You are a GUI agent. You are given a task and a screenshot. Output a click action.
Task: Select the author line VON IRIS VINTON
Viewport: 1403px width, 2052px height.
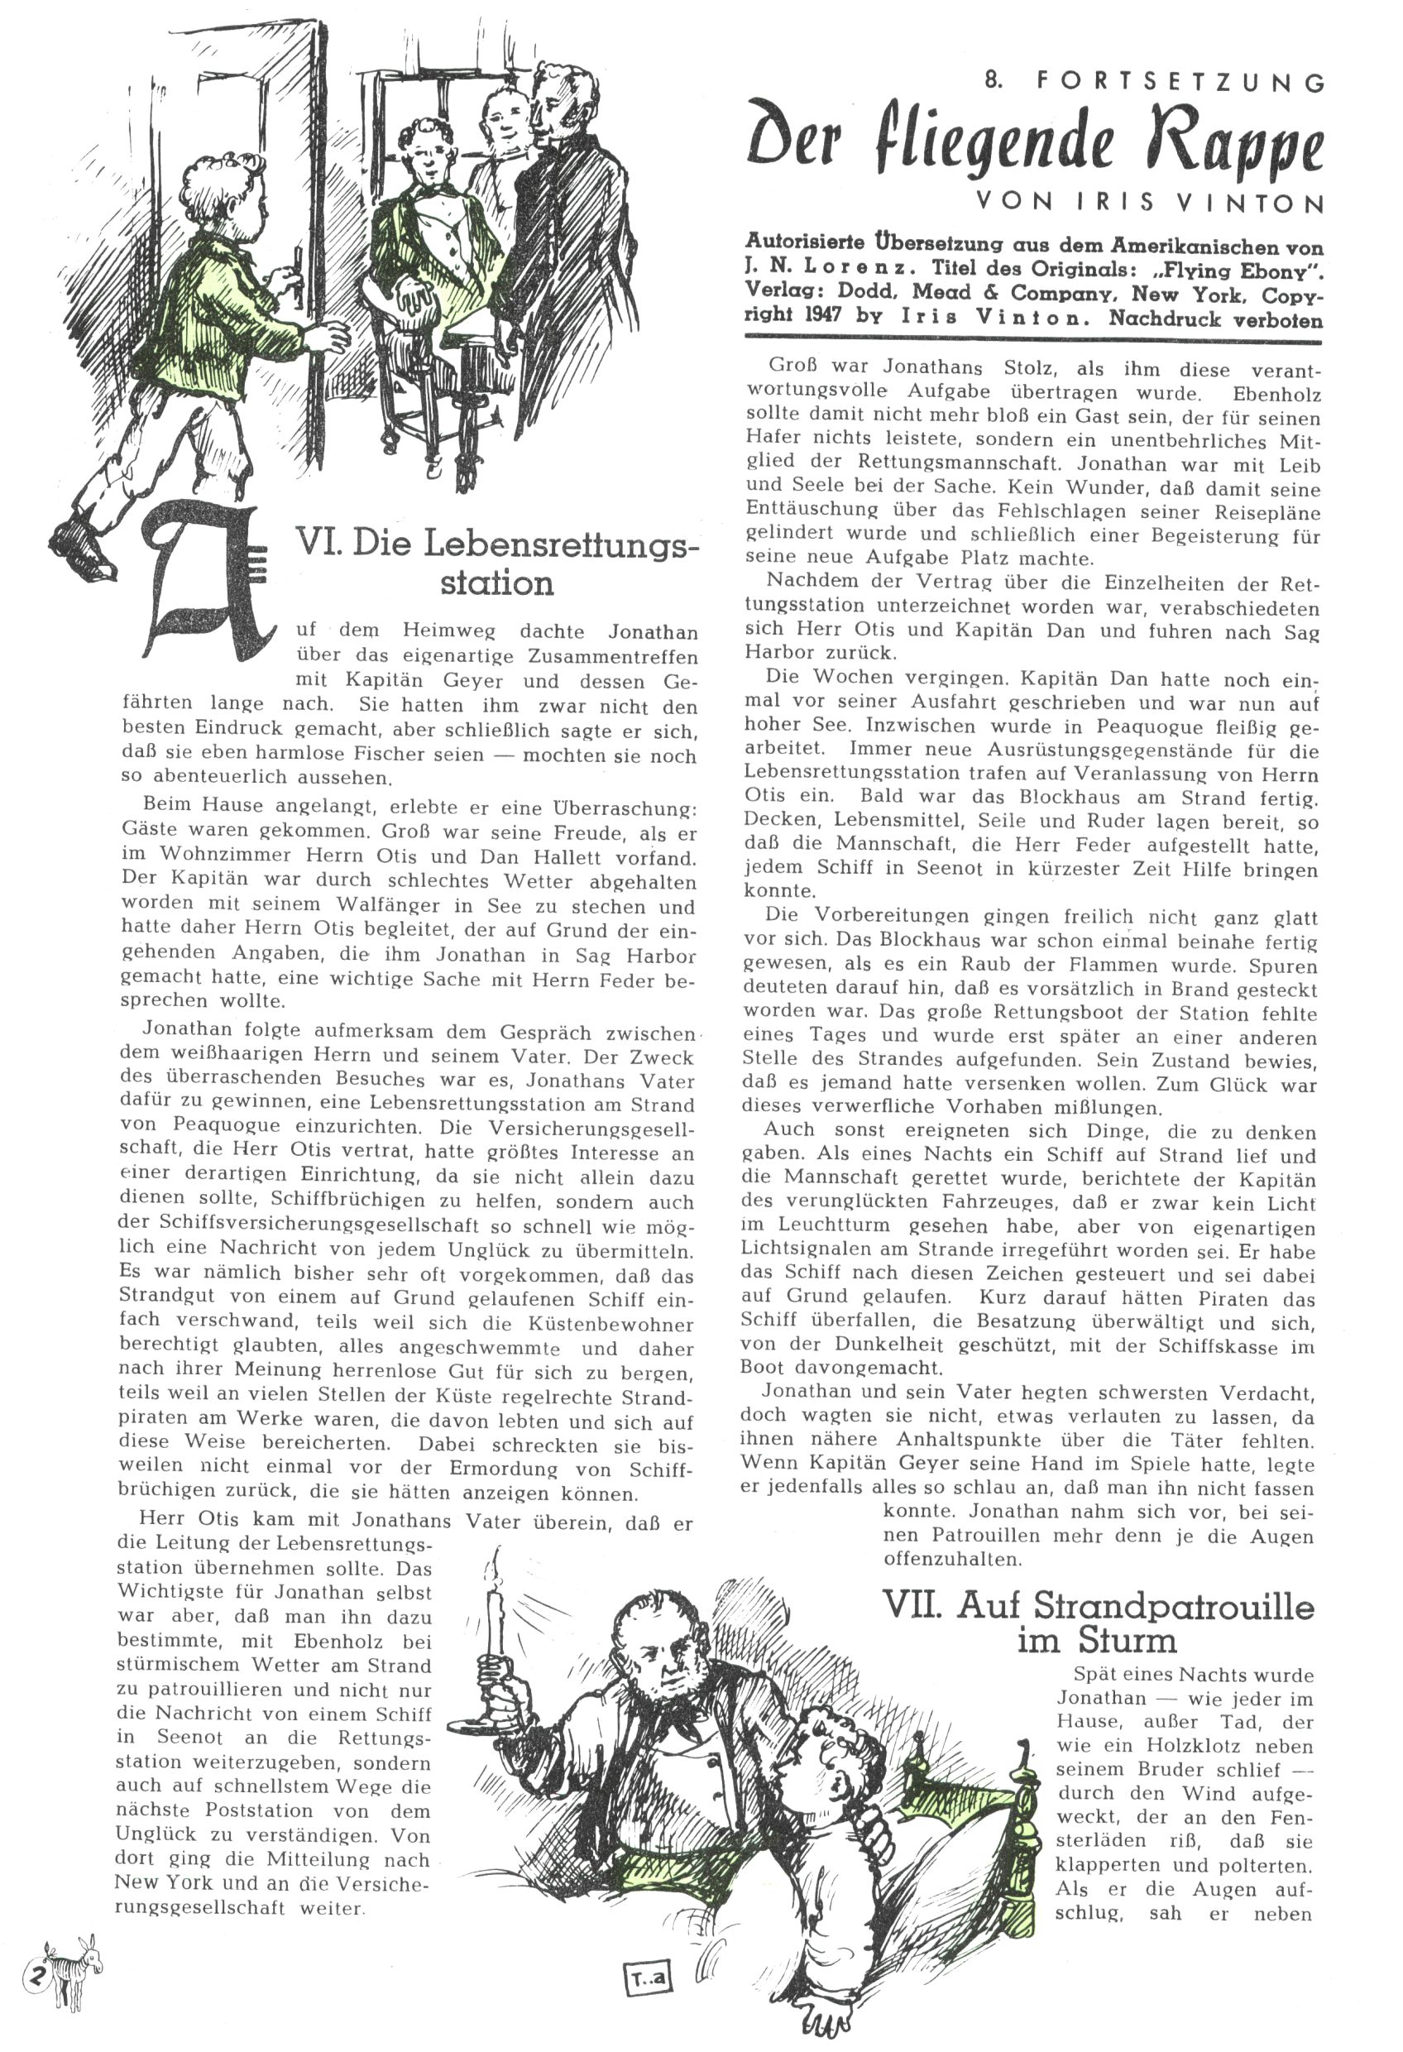[1149, 202]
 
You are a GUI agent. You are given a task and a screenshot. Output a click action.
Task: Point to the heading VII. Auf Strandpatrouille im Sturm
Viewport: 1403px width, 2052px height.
[1098, 1623]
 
